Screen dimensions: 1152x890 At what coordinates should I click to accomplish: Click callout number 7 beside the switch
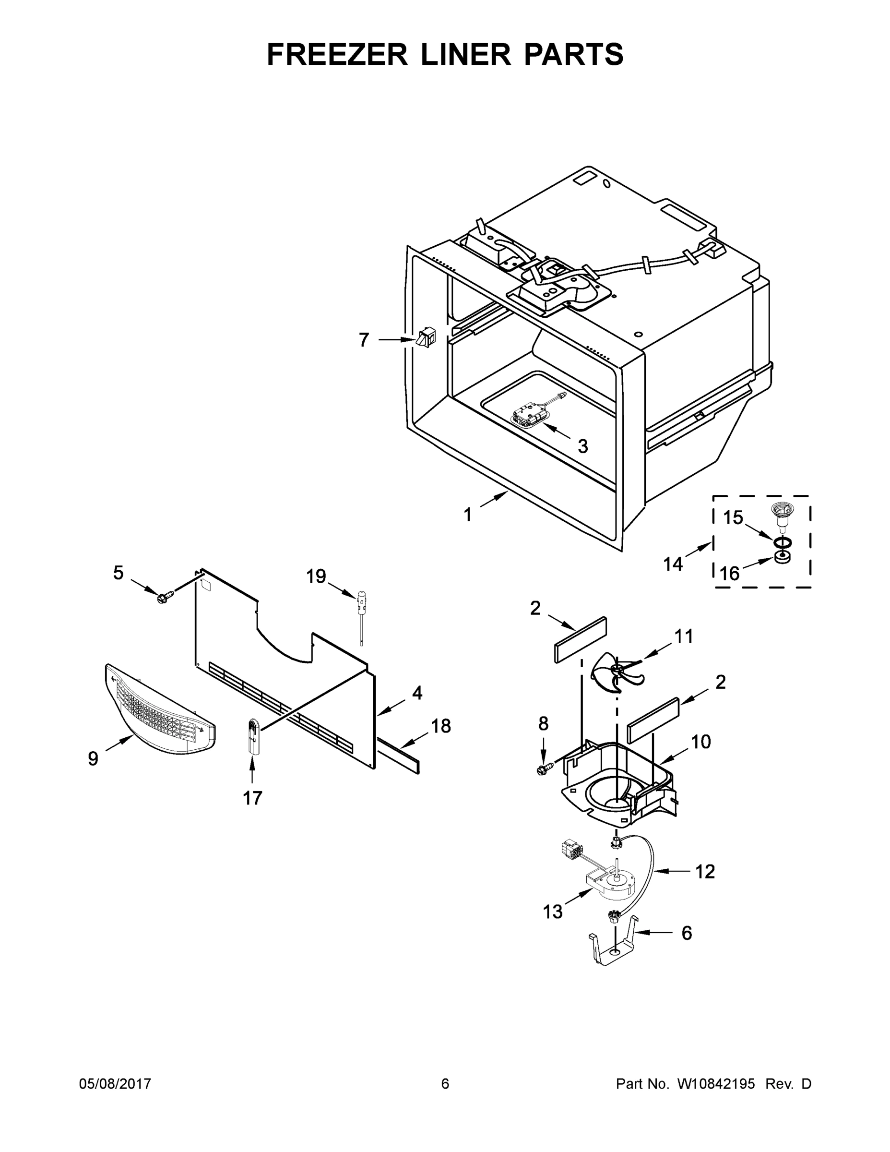pos(363,340)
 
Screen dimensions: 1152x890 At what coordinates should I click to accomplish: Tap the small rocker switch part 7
pos(426,337)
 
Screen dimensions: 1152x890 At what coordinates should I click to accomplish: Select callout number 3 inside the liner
pos(582,446)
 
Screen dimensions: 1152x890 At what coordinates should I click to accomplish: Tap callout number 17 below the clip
pos(252,798)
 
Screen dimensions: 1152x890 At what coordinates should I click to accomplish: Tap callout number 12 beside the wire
pos(705,871)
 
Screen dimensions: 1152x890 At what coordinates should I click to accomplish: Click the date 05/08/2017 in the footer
pos(115,1084)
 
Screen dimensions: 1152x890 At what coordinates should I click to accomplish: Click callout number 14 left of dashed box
pos(673,564)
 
